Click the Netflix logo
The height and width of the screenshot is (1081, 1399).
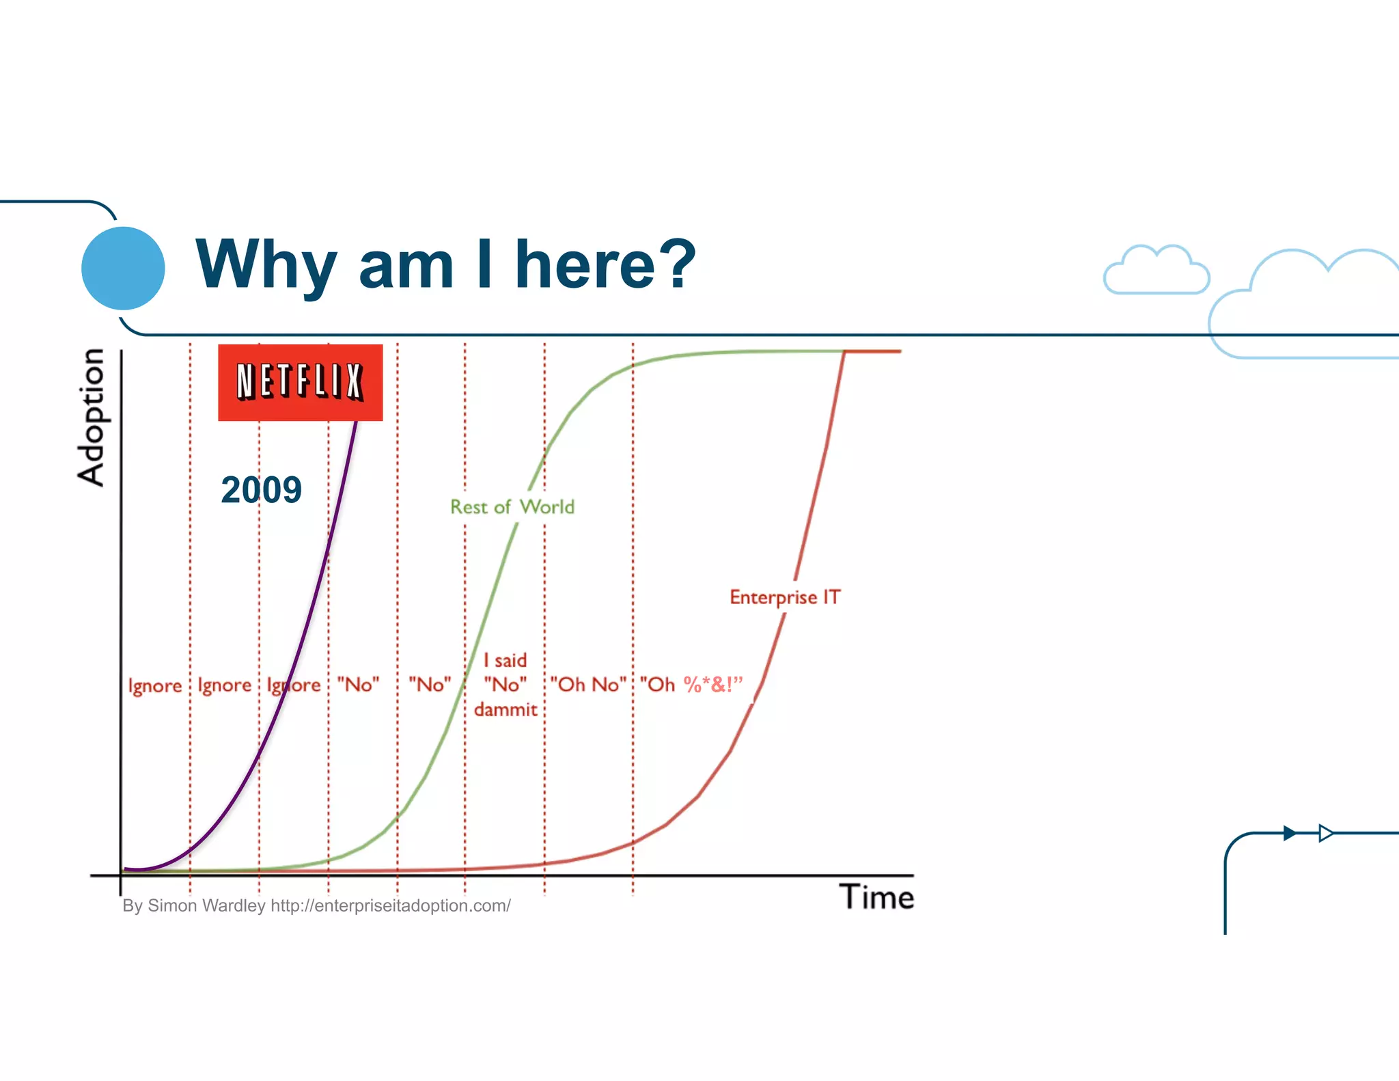[300, 382]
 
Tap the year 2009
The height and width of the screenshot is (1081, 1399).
[261, 490]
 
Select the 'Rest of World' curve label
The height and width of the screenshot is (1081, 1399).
[512, 507]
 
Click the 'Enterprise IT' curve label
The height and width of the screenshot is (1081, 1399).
[785, 597]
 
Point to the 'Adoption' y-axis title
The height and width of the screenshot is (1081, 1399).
[91, 417]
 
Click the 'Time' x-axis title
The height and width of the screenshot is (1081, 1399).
[876, 897]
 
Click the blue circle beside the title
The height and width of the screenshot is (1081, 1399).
[123, 268]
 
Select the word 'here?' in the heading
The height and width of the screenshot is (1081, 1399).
[605, 264]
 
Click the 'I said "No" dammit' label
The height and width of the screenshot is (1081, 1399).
[505, 685]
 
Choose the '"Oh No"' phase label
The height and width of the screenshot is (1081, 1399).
[588, 685]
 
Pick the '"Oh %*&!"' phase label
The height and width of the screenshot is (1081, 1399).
[691, 685]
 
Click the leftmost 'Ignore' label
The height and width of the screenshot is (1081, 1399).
[155, 685]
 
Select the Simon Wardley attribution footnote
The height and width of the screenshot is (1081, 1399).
[316, 906]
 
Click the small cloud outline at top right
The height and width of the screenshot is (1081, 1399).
[1156, 271]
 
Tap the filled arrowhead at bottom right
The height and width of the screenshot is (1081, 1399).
[1289, 833]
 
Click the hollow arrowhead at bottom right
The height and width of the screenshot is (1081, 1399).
[1325, 833]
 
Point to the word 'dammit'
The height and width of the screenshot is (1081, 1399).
[505, 710]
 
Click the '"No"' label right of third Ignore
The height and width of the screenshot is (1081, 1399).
[358, 685]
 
